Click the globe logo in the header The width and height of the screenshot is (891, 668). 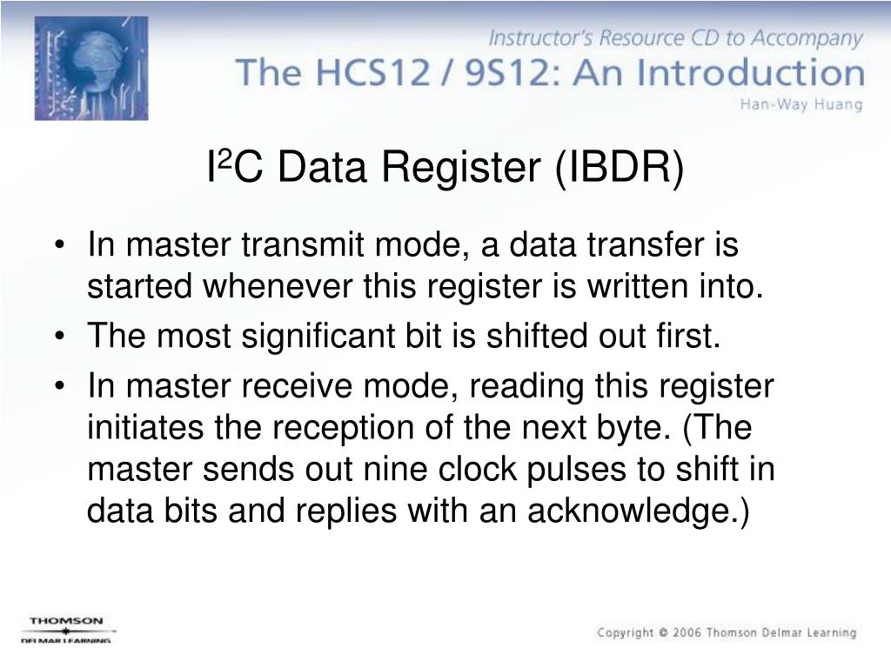point(90,68)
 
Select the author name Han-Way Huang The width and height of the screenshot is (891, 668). point(801,105)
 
